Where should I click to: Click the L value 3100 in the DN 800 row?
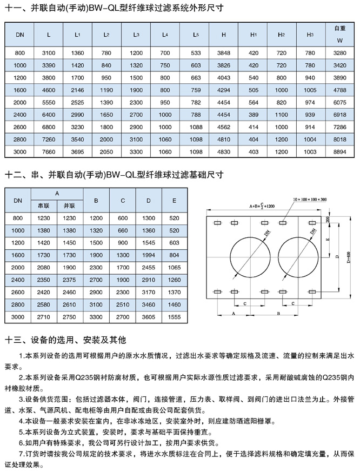pos(49,52)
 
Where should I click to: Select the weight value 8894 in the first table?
pos(339,152)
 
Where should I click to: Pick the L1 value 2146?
pos(77,90)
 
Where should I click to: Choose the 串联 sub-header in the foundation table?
pos(44,206)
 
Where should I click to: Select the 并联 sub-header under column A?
pos(70,206)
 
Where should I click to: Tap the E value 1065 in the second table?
pos(174,268)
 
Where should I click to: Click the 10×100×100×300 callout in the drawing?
pos(310,200)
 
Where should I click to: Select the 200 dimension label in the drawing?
pos(329,219)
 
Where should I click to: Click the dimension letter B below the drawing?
pos(278,313)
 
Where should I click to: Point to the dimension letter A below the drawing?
pos(234,313)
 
